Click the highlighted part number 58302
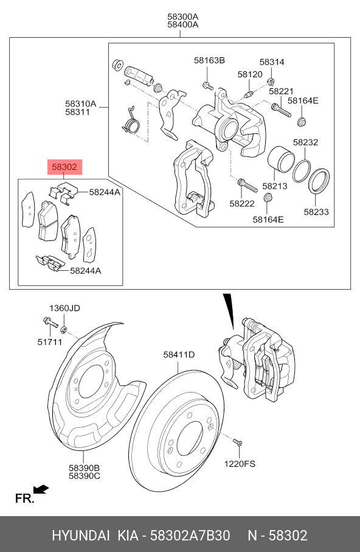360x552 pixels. (64, 166)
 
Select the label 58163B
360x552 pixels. (210, 60)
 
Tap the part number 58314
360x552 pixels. (272, 62)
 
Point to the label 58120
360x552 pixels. (250, 74)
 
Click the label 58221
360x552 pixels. (281, 91)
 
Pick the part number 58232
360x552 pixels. (306, 142)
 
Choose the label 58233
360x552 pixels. (316, 212)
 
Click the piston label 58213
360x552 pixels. (275, 186)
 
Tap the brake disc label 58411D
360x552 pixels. (178, 354)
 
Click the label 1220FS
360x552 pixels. (240, 464)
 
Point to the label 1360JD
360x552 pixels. (64, 308)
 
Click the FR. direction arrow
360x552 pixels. (41, 489)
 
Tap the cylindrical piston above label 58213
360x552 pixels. (281, 160)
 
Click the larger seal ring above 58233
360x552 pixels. (318, 181)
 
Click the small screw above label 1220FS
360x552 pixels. (237, 441)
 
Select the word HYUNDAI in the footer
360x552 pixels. (78, 536)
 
